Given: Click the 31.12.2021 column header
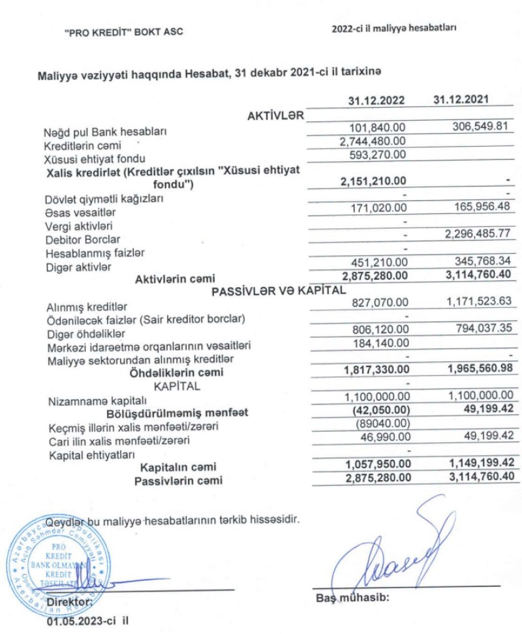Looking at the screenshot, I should point(463,99).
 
